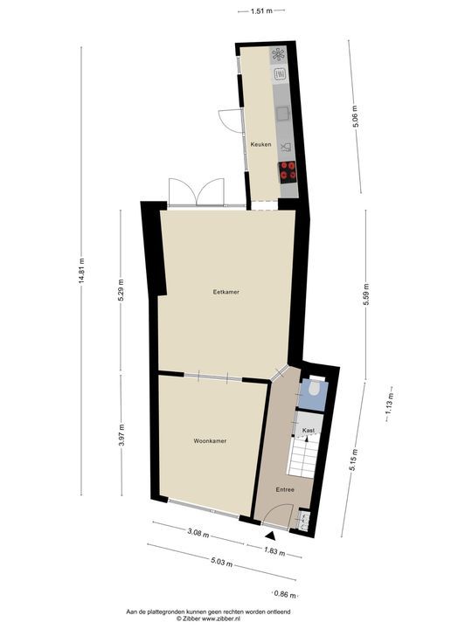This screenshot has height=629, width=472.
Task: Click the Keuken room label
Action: pyautogui.click(x=260, y=144)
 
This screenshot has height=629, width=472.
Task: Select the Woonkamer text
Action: pyautogui.click(x=210, y=441)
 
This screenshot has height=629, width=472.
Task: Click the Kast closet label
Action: pyautogui.click(x=308, y=431)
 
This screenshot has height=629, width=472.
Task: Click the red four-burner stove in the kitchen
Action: pyautogui.click(x=288, y=171)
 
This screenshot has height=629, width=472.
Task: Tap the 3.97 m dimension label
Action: pyautogui.click(x=122, y=434)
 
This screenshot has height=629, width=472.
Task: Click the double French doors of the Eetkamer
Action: pyautogui.click(x=197, y=193)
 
